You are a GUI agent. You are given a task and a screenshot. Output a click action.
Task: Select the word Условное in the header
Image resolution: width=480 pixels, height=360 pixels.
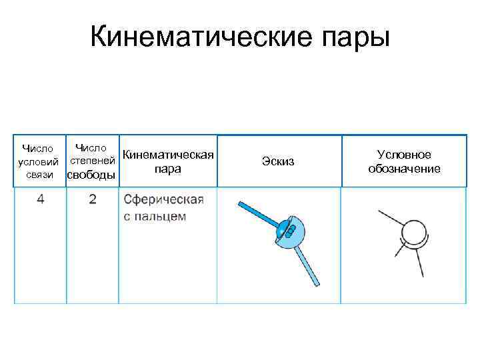click(x=404, y=155)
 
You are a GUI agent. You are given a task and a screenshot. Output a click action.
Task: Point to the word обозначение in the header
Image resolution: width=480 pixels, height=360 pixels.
click(x=404, y=169)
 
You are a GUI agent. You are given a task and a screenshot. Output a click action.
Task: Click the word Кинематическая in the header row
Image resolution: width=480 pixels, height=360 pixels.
click(x=169, y=155)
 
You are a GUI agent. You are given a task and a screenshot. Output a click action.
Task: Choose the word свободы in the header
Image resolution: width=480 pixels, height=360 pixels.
click(x=91, y=175)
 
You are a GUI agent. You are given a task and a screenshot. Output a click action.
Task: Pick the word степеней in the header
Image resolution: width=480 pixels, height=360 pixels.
click(x=93, y=161)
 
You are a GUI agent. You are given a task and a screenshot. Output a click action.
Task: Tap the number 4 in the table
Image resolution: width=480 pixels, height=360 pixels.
click(x=41, y=200)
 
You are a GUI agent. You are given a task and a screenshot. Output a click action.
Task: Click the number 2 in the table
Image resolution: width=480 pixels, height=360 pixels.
click(x=92, y=200)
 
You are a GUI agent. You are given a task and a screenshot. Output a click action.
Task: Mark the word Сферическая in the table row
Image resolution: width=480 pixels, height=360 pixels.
click(x=163, y=200)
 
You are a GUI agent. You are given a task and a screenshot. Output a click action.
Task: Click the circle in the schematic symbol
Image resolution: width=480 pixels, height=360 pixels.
click(x=417, y=233)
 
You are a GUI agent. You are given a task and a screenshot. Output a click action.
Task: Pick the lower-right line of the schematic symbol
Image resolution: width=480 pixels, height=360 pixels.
click(x=419, y=263)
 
